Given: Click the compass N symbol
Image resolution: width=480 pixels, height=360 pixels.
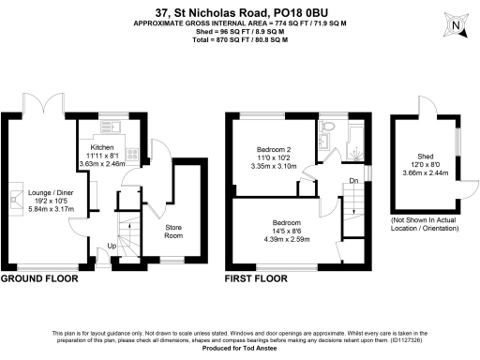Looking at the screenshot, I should click(x=455, y=25).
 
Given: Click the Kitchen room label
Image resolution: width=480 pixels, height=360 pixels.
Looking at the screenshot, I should click(x=101, y=147).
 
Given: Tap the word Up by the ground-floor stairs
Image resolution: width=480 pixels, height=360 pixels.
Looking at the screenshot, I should click(x=114, y=247).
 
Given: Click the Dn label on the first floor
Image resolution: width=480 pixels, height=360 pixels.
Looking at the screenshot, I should click(x=353, y=181).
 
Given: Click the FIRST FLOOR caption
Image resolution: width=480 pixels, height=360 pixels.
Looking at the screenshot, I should click(x=257, y=279).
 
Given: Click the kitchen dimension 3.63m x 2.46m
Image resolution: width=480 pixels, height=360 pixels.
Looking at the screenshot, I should click(x=101, y=164).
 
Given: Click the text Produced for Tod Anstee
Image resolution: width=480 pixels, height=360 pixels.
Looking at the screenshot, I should click(x=240, y=349).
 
